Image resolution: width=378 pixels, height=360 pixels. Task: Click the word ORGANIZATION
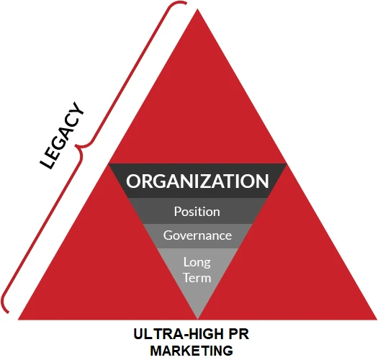click(x=197, y=181)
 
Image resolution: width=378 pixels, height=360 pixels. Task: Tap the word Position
click(x=197, y=212)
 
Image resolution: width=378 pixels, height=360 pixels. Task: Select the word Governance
click(x=197, y=235)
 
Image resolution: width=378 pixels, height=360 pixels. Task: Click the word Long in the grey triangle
click(x=197, y=262)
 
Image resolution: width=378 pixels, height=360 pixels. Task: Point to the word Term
click(x=197, y=277)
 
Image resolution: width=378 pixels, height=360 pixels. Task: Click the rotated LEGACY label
click(x=62, y=136)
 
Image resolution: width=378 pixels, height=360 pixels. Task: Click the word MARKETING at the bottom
click(x=192, y=351)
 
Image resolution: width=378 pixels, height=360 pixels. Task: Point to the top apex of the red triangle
click(x=198, y=9)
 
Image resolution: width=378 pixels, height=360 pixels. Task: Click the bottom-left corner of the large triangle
click(x=18, y=320)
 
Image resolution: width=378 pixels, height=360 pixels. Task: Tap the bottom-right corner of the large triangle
click(x=377, y=320)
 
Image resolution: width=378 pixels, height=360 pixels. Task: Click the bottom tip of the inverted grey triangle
click(x=198, y=319)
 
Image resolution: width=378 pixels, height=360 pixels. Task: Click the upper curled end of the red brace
click(x=186, y=4)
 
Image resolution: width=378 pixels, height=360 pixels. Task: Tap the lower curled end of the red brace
click(x=9, y=312)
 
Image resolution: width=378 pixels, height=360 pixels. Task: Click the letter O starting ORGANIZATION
click(x=133, y=181)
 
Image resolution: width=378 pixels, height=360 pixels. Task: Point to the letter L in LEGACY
click(x=47, y=163)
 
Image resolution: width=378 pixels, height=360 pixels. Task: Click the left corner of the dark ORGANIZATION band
click(x=108, y=163)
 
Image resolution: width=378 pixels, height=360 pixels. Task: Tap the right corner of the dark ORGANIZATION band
click(x=287, y=163)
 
